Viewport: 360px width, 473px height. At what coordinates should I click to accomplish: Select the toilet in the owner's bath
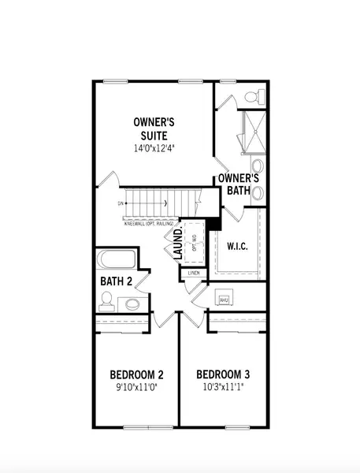click(252, 98)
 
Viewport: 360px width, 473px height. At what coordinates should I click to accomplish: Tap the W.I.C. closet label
click(239, 245)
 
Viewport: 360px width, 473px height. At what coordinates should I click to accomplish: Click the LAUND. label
click(179, 243)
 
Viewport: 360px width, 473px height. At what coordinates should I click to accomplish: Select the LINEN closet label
click(194, 274)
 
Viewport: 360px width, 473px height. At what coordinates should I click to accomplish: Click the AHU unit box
click(223, 300)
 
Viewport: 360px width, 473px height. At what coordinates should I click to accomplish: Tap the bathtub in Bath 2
click(116, 261)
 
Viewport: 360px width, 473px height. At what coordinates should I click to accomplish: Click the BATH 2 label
click(115, 281)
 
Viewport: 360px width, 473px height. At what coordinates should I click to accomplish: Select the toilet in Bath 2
click(106, 300)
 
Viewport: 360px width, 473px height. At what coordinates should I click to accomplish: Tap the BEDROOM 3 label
click(223, 374)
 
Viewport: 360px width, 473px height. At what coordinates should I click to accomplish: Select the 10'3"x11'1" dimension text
click(223, 387)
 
